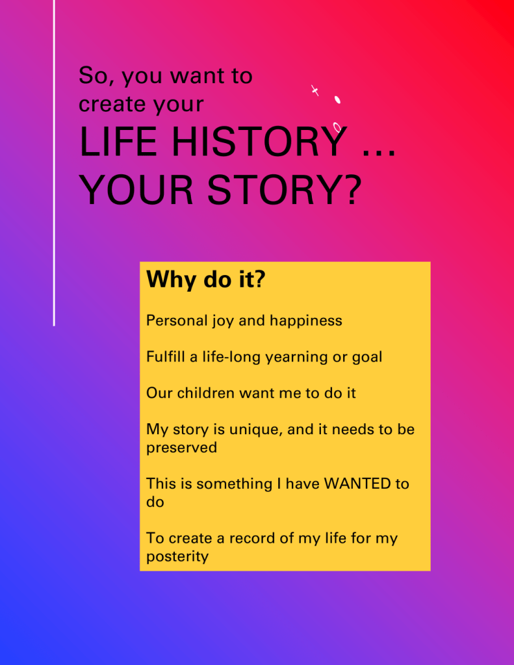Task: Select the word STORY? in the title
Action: (285, 190)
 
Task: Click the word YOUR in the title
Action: (136, 190)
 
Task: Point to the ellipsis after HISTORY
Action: (379, 153)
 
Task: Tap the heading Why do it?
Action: (206, 280)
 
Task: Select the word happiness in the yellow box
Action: (306, 320)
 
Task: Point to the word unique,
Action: (256, 430)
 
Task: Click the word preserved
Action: (181, 448)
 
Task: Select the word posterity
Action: (177, 556)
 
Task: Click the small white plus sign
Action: (315, 90)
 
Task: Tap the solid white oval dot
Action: (338, 99)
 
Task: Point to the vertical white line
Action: (54, 163)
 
